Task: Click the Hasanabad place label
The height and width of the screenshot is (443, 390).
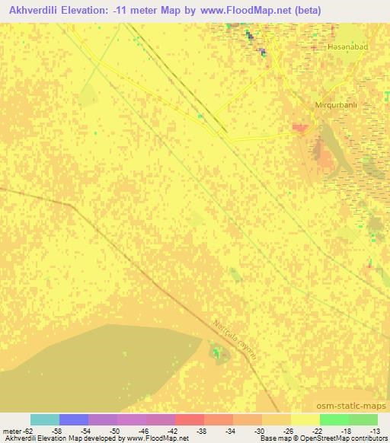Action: [348, 48]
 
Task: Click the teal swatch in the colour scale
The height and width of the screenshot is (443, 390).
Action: [45, 419]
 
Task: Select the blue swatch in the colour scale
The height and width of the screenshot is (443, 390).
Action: [74, 419]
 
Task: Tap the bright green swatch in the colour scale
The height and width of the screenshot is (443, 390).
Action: [334, 419]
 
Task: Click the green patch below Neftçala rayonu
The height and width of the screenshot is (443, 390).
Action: [218, 352]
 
